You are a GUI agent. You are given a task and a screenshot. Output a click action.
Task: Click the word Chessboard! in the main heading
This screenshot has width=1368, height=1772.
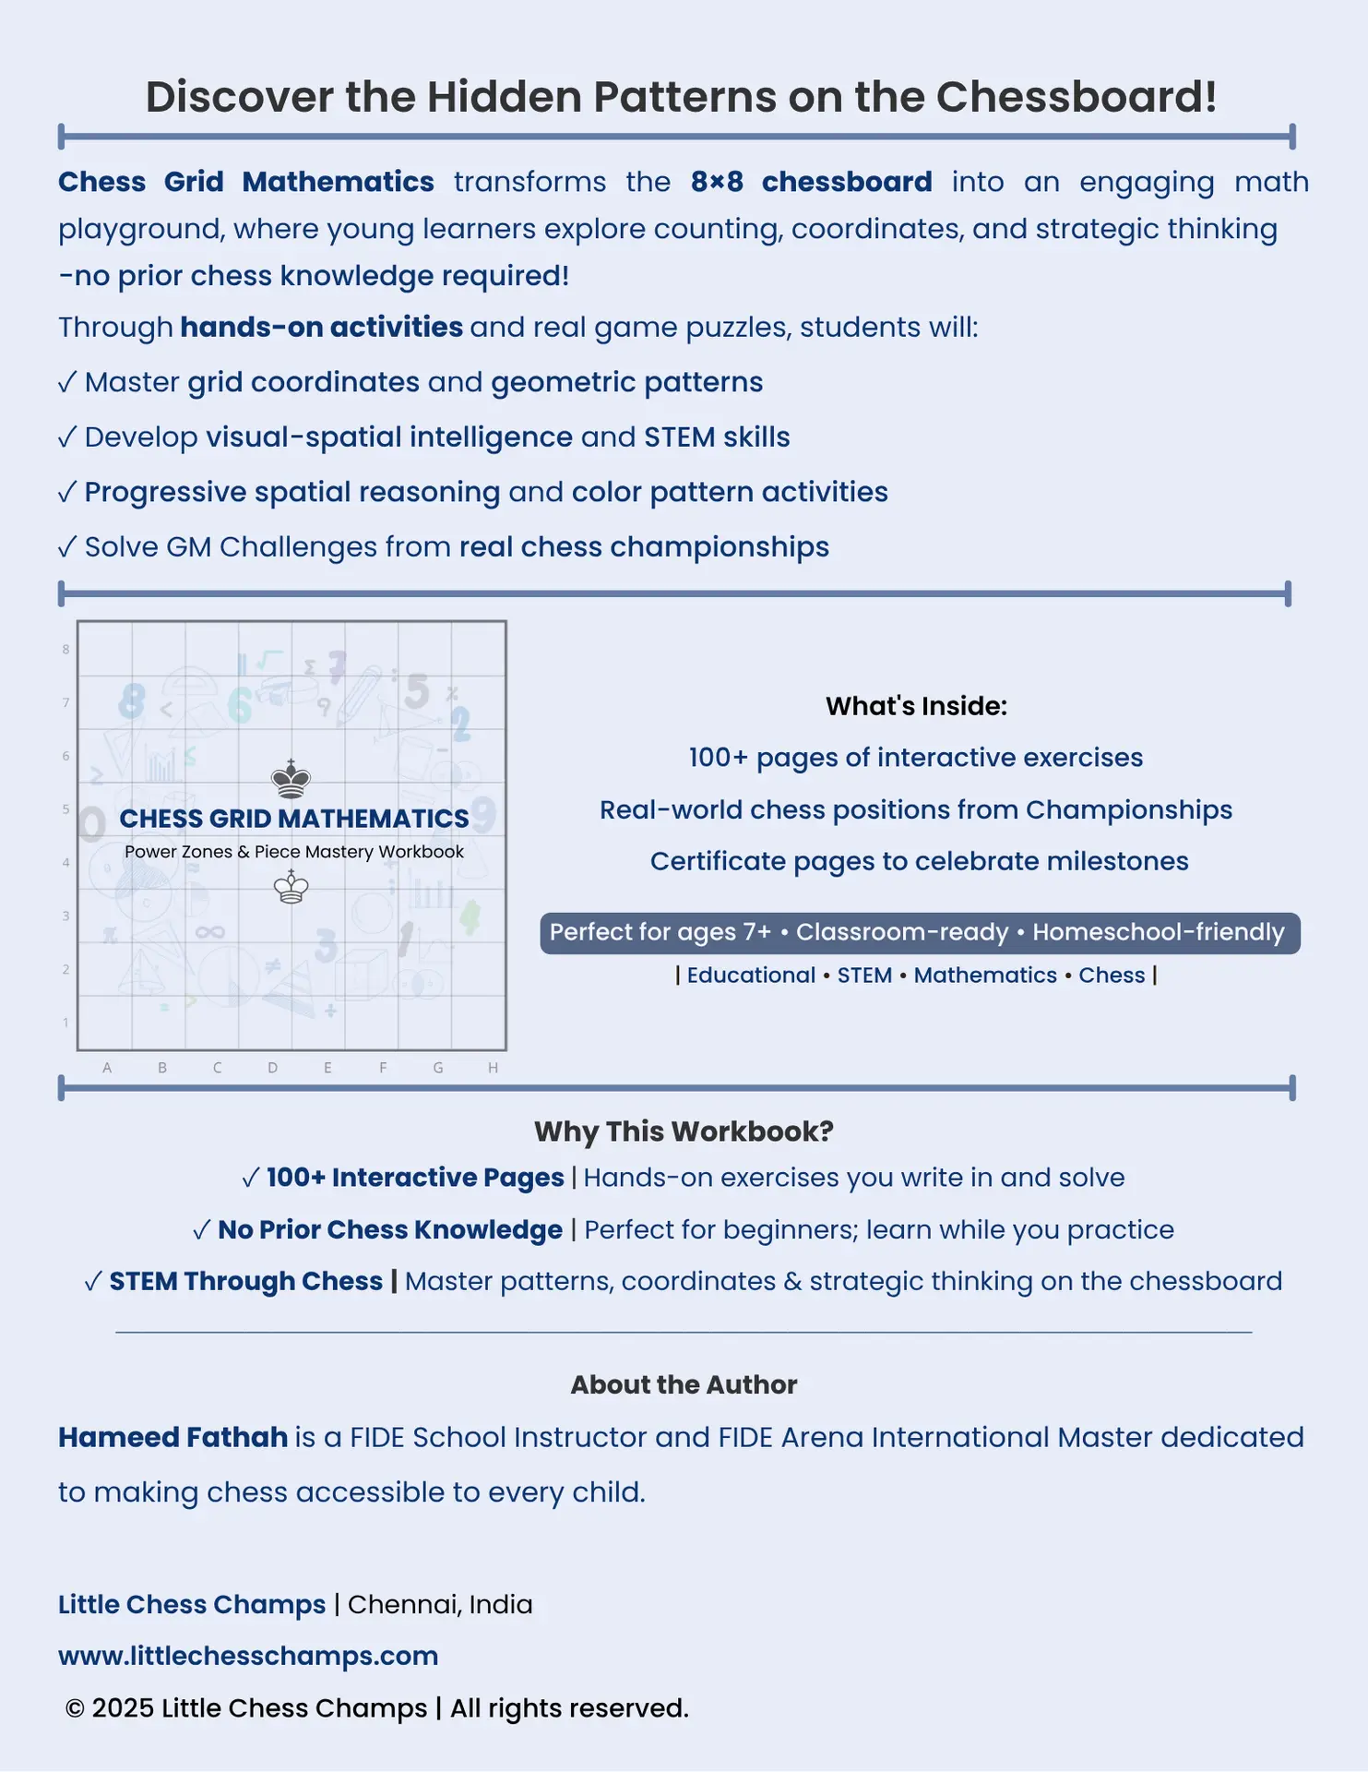click(x=1077, y=97)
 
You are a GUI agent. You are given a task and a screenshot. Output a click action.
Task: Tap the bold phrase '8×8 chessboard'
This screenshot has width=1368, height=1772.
click(x=811, y=182)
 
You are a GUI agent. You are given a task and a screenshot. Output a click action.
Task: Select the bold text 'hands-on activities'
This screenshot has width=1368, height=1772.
click(x=321, y=328)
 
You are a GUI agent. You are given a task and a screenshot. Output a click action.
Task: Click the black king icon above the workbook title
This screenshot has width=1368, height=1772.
click(x=291, y=780)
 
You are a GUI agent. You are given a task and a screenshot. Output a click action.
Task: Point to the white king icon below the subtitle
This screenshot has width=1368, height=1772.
click(x=291, y=887)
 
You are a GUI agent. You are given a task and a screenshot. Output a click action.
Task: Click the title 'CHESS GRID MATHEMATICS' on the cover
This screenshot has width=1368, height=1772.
click(x=294, y=819)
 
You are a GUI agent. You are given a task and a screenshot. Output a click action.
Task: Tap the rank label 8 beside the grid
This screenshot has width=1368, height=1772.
click(x=65, y=650)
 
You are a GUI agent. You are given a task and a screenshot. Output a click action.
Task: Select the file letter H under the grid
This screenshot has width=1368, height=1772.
click(x=494, y=1068)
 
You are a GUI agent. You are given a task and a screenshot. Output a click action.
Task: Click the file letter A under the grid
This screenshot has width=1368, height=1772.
click(x=107, y=1068)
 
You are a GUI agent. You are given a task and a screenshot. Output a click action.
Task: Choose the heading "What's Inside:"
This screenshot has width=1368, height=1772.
click(x=916, y=706)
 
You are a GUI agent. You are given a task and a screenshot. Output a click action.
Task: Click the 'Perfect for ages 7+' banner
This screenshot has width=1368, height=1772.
click(x=920, y=932)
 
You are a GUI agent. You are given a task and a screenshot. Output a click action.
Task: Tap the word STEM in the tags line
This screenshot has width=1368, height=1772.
click(x=864, y=976)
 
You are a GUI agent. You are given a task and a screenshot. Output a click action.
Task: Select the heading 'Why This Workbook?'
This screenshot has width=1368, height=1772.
click(x=684, y=1131)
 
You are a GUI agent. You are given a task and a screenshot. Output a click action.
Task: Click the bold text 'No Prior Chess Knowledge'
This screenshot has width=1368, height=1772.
click(x=389, y=1230)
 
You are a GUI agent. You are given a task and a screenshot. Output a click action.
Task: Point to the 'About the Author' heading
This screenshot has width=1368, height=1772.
click(x=684, y=1384)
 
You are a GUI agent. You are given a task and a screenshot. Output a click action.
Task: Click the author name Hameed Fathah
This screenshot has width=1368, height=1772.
click(x=172, y=1437)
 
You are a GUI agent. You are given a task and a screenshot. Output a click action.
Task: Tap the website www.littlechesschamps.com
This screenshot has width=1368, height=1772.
click(x=248, y=1656)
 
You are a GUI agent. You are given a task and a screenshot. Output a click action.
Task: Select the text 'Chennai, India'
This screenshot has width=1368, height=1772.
click(x=440, y=1604)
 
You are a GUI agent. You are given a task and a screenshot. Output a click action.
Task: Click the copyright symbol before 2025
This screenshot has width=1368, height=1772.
click(x=75, y=1709)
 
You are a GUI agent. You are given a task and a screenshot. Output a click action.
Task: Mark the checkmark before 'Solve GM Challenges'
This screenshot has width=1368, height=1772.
click(x=66, y=547)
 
